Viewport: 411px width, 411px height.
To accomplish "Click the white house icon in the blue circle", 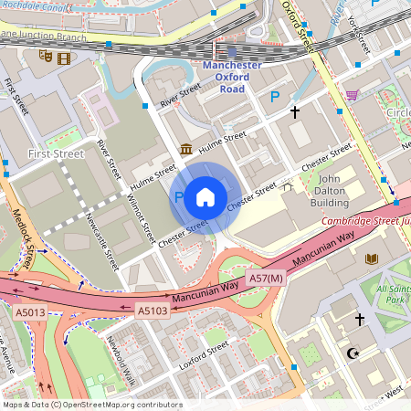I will click(x=205, y=196).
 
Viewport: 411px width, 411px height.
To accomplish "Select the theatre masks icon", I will click(x=45, y=57).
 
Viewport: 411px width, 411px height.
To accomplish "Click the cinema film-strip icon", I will click(x=63, y=58).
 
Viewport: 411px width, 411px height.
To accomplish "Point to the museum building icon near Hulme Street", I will click(x=186, y=149).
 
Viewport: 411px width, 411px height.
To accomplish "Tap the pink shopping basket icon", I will click(x=352, y=94).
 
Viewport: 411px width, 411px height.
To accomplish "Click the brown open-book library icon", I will click(x=371, y=259).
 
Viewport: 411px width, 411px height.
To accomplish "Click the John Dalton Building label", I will click(x=332, y=190).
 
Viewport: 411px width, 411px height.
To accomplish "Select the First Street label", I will click(x=56, y=154).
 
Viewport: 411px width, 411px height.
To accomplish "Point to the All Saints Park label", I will click(x=394, y=294).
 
